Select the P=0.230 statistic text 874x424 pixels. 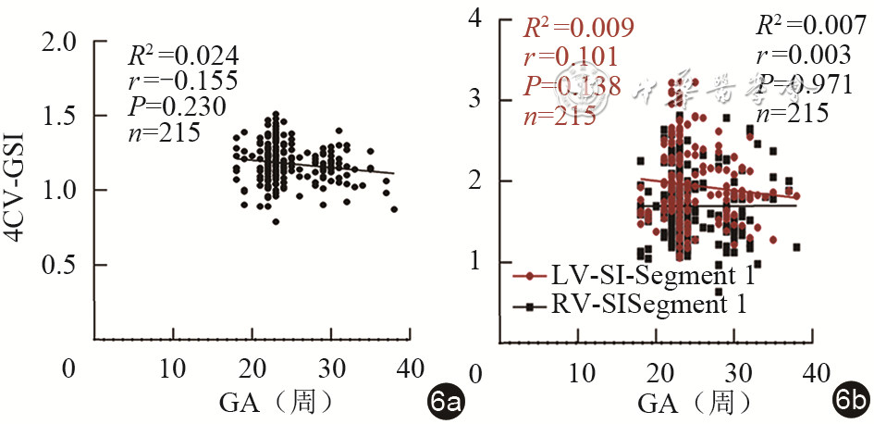pyautogui.click(x=177, y=107)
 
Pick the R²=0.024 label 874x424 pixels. pyautogui.click(x=170, y=54)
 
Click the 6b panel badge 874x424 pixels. pyautogui.click(x=850, y=402)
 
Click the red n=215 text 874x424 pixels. pyautogui.click(x=556, y=116)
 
